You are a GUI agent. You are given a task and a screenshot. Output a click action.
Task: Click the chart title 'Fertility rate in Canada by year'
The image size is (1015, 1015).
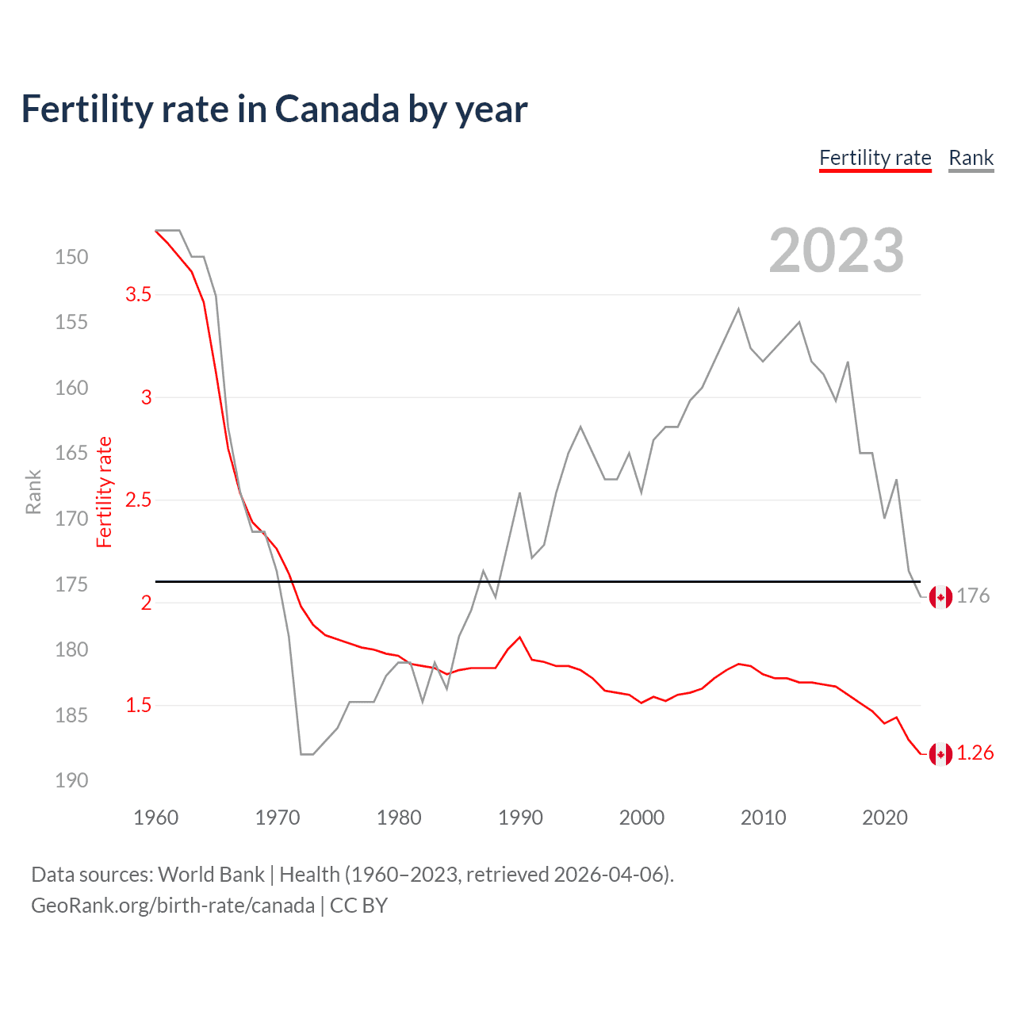tap(274, 109)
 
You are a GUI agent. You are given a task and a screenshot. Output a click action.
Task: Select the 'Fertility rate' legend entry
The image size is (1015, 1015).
tap(875, 158)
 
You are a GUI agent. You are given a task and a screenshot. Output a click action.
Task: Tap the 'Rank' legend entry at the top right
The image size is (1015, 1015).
tap(971, 158)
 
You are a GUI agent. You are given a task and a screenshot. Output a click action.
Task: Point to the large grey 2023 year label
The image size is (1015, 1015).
tap(836, 251)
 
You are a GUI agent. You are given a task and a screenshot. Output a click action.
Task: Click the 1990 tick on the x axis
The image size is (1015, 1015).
tap(520, 818)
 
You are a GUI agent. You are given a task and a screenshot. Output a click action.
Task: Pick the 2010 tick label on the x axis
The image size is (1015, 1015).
tap(763, 818)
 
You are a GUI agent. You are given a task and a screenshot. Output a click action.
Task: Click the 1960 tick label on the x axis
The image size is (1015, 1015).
tap(156, 818)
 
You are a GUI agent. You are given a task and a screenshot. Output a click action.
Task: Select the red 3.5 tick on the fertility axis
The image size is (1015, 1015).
tap(138, 294)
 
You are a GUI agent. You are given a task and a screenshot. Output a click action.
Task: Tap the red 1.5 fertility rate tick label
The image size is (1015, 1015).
tap(138, 705)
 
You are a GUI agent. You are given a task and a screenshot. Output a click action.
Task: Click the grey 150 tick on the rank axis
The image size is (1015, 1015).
tap(71, 257)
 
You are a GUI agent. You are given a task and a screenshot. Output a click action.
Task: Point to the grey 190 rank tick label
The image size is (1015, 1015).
tap(71, 780)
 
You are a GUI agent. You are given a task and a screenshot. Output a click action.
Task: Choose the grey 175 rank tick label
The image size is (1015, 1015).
tap(71, 584)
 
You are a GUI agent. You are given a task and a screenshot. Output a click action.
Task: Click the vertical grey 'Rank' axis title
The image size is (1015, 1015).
tap(33, 492)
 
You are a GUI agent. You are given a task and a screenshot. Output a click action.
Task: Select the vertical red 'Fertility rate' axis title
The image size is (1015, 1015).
tap(105, 492)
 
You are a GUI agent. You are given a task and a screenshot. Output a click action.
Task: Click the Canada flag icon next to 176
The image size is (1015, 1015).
tap(940, 597)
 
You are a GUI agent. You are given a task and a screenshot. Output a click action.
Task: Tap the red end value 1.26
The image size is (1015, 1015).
tap(975, 753)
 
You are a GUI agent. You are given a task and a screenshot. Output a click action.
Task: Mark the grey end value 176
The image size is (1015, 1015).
tap(973, 596)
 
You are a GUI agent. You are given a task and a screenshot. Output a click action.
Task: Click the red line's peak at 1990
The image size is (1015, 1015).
tap(519, 637)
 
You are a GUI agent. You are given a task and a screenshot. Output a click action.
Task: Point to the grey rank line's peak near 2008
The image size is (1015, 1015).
tap(738, 309)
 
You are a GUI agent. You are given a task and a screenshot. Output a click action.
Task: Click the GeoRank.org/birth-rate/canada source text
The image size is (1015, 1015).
tap(173, 906)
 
